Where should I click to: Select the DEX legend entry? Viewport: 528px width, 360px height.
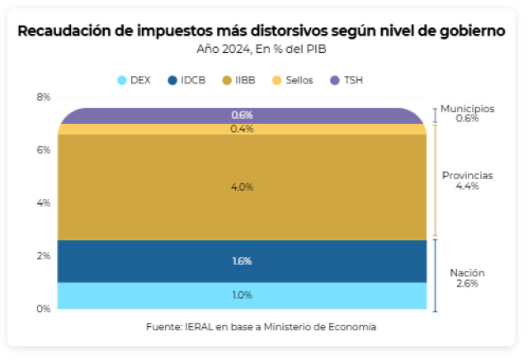pyautogui.click(x=134, y=80)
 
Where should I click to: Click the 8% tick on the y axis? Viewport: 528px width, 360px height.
pyautogui.click(x=43, y=97)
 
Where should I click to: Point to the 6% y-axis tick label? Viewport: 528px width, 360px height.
pyautogui.click(x=43, y=150)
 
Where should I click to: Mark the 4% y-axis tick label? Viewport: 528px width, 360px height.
pyautogui.click(x=43, y=203)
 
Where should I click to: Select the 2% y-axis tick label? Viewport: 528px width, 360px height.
pyautogui.click(x=43, y=256)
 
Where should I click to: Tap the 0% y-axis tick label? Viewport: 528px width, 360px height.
pyautogui.click(x=43, y=309)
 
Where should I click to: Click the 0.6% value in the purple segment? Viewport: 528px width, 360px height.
pyautogui.click(x=242, y=115)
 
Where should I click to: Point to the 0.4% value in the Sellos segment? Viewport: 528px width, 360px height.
pyautogui.click(x=242, y=129)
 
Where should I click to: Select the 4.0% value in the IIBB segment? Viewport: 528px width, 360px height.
pyautogui.click(x=242, y=187)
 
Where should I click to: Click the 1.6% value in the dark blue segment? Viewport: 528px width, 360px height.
pyautogui.click(x=242, y=262)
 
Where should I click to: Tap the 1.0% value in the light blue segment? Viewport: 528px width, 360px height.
pyautogui.click(x=242, y=296)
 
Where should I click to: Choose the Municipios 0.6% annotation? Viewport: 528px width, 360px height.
pyautogui.click(x=467, y=113)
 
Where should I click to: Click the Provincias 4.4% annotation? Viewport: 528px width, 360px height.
pyautogui.click(x=467, y=181)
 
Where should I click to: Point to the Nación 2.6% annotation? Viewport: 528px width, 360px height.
pyautogui.click(x=467, y=278)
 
